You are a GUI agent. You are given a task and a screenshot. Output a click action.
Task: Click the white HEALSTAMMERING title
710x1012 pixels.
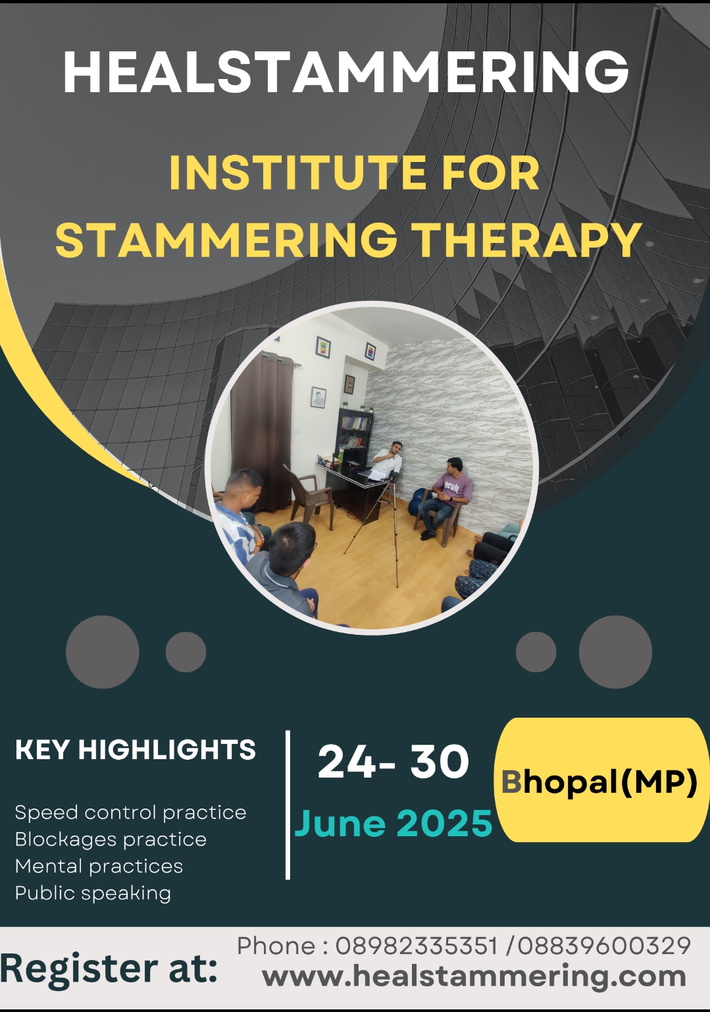tap(345, 72)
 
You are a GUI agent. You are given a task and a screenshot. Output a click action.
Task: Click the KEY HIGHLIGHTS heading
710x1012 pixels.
tap(136, 750)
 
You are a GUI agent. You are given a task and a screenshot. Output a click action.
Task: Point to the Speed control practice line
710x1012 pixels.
tap(130, 812)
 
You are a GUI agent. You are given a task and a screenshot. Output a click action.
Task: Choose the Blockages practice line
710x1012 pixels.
tap(111, 839)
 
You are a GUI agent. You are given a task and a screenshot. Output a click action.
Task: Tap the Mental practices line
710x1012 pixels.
tap(99, 866)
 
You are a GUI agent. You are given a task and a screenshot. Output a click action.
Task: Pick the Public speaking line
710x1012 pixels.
tap(93, 893)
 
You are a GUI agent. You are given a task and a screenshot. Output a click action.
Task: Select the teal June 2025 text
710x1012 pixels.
tap(393, 823)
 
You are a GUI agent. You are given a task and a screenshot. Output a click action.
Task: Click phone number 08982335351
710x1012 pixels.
tap(416, 945)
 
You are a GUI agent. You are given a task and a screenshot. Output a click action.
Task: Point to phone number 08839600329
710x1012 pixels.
tap(604, 945)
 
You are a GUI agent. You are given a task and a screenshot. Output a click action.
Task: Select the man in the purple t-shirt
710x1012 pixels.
tap(445, 497)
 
